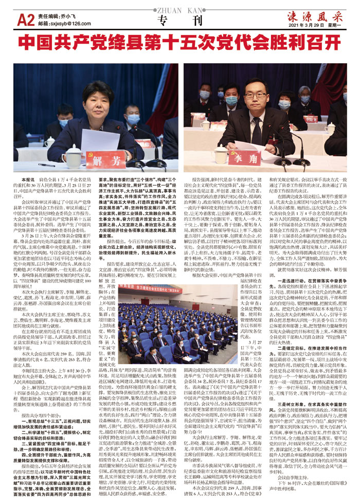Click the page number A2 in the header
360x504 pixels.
26,20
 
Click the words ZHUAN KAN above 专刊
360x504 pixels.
180,9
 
